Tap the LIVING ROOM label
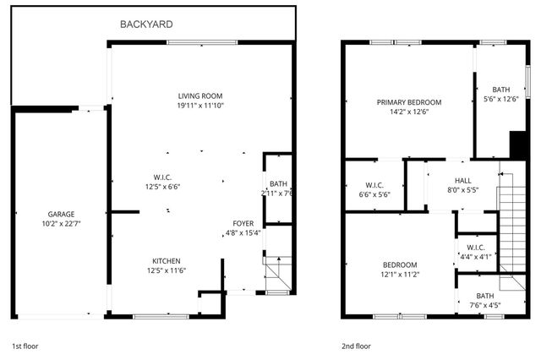[200, 95]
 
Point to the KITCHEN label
[166, 260]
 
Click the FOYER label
[243, 223]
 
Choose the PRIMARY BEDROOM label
[409, 102]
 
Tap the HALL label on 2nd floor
[463, 180]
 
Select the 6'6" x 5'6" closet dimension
[375, 194]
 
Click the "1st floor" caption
[25, 346]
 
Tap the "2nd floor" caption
[356, 346]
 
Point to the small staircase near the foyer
[276, 272]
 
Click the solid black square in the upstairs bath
[516, 144]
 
